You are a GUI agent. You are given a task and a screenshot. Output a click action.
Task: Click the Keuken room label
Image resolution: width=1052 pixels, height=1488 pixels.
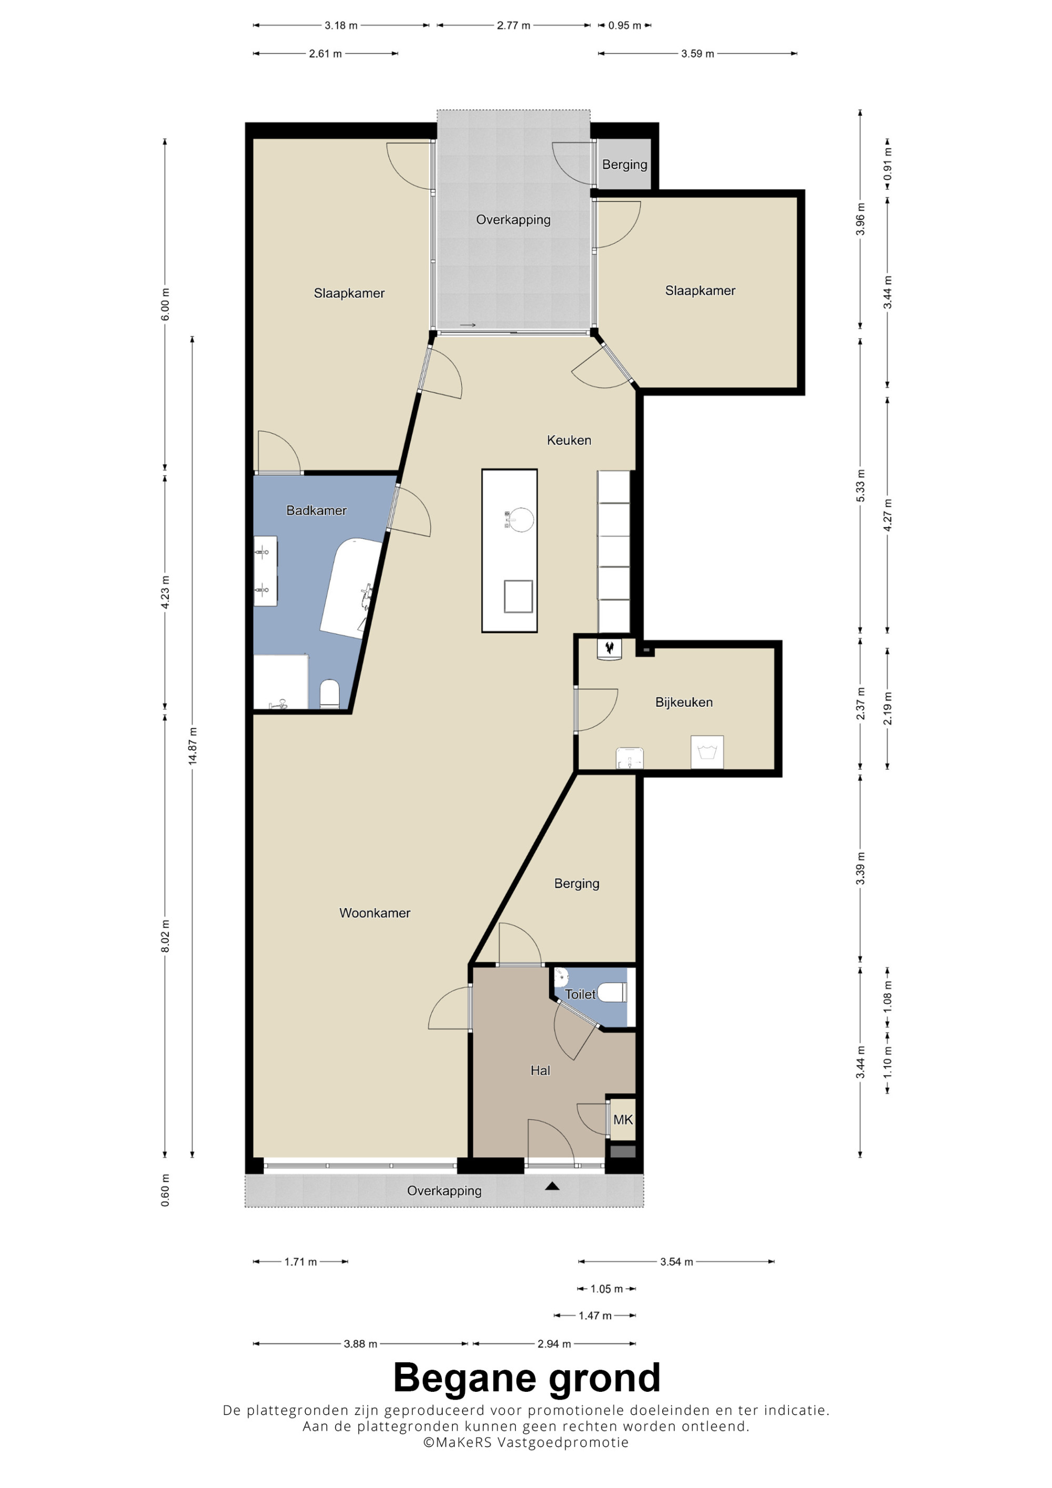click(569, 440)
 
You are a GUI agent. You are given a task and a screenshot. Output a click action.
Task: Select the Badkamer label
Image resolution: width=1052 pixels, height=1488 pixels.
click(316, 510)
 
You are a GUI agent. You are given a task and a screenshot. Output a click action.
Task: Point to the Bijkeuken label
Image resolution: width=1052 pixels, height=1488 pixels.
click(684, 702)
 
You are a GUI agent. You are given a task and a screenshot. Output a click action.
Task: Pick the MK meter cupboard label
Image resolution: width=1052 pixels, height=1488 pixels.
click(623, 1119)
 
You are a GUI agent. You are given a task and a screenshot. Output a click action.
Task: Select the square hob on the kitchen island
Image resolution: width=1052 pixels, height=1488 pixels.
click(519, 596)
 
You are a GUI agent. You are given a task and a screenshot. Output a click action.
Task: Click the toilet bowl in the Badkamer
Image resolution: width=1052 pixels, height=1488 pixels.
click(330, 694)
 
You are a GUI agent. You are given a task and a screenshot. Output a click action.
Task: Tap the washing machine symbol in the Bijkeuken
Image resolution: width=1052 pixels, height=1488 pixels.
click(706, 752)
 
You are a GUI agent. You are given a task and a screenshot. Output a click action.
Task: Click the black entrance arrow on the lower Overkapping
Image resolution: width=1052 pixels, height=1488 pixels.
click(552, 1186)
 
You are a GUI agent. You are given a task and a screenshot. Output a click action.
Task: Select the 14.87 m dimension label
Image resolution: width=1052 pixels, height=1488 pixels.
click(193, 746)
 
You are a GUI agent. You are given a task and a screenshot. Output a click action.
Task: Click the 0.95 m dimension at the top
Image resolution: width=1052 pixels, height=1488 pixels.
click(624, 26)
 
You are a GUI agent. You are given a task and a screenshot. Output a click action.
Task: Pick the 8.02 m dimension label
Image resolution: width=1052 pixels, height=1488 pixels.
click(165, 936)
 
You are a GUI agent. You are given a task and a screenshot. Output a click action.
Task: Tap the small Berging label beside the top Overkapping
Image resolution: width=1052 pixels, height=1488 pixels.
click(624, 165)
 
